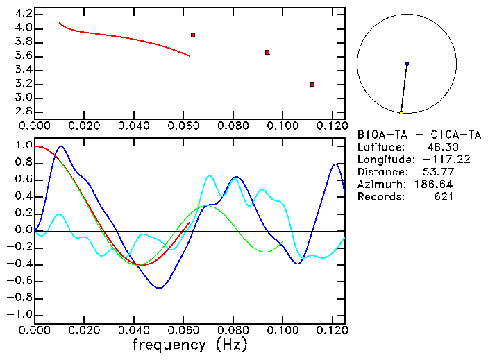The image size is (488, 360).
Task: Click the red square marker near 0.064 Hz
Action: tap(193, 35)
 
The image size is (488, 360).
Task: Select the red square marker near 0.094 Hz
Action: tap(267, 52)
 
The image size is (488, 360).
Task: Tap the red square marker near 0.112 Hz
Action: tap(312, 84)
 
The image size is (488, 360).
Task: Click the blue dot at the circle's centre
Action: tap(407, 64)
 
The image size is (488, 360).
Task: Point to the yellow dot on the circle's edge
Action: tap(401, 112)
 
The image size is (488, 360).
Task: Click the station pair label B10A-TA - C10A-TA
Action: tap(419, 135)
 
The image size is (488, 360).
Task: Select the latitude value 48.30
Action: tap(440, 147)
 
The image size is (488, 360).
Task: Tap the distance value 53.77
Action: tap(440, 172)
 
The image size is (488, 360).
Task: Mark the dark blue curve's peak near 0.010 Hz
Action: tap(61, 146)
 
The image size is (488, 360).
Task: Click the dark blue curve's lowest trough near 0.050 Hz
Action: tap(159, 287)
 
